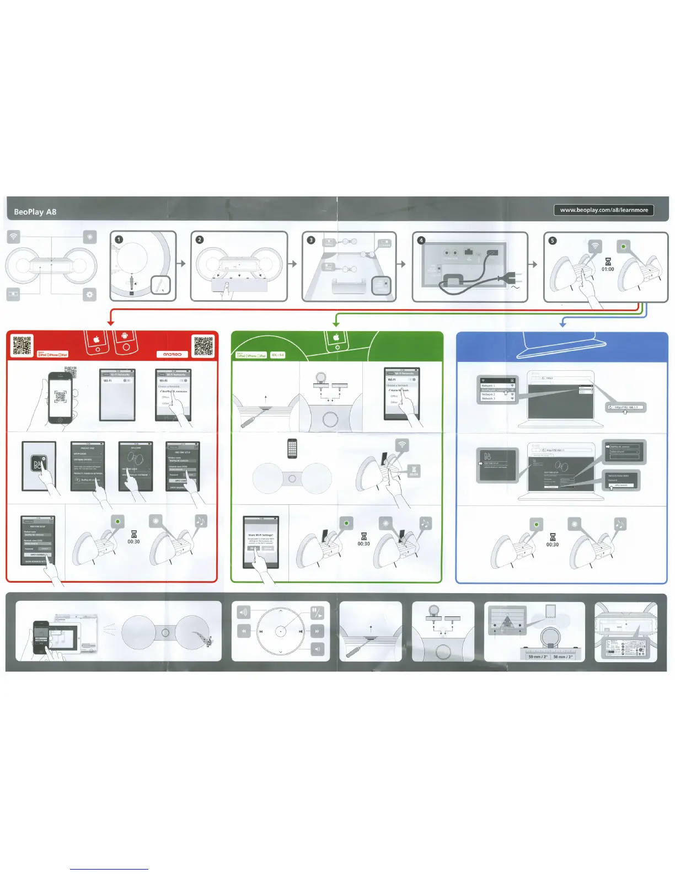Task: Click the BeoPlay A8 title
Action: pyautogui.click(x=35, y=212)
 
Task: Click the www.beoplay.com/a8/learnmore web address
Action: pyautogui.click(x=604, y=210)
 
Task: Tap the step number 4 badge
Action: pyautogui.click(x=421, y=240)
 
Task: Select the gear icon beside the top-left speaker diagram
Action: pyautogui.click(x=89, y=294)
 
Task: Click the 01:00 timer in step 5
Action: pyautogui.click(x=608, y=269)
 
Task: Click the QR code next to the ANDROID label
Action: pyautogui.click(x=203, y=345)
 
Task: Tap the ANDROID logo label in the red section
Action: pyautogui.click(x=172, y=354)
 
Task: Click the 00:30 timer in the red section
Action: pyautogui.click(x=133, y=541)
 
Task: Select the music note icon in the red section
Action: pyautogui.click(x=201, y=521)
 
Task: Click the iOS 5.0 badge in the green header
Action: pyautogui.click(x=277, y=355)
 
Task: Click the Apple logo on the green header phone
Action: pyautogui.click(x=335, y=338)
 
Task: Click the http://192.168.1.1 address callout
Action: pyautogui.click(x=626, y=407)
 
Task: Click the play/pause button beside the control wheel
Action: pyautogui.click(x=317, y=612)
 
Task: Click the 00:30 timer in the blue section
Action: pyautogui.click(x=552, y=544)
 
